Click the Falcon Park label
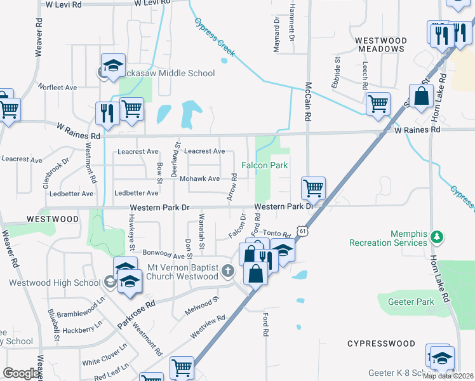click(x=264, y=165)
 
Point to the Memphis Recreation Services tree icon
click(x=436, y=237)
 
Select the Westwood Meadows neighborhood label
click(x=380, y=44)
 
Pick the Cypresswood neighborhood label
click(x=381, y=344)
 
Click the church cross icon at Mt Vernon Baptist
click(x=228, y=271)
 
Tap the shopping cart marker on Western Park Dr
click(x=313, y=189)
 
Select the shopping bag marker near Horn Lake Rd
click(x=421, y=97)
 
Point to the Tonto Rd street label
click(x=276, y=234)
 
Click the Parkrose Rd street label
click(x=135, y=314)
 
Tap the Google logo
click(x=21, y=373)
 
